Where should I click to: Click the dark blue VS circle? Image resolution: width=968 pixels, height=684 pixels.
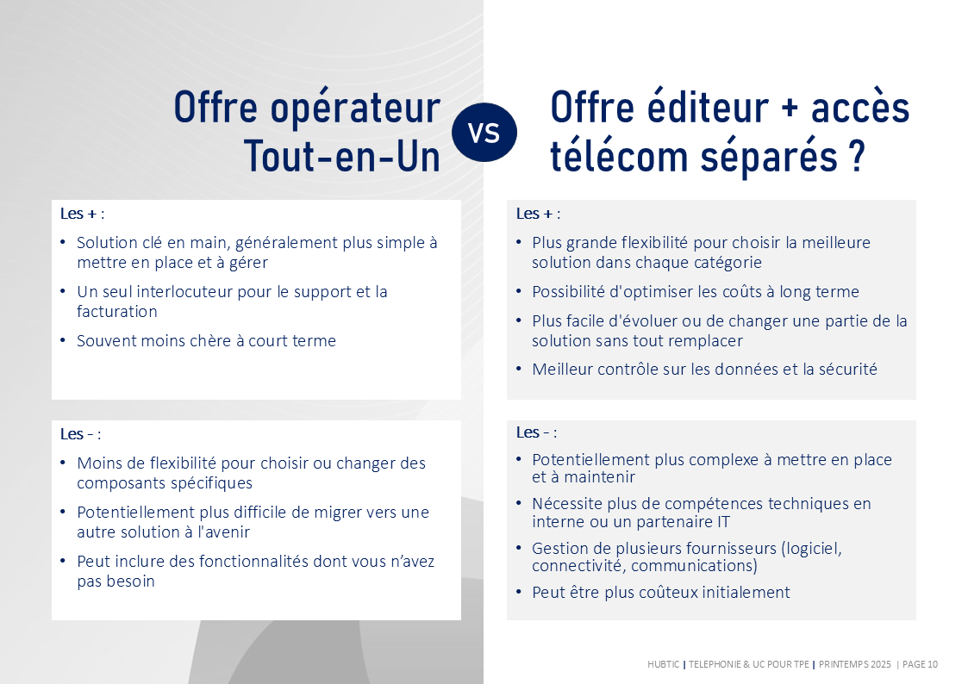tap(484, 133)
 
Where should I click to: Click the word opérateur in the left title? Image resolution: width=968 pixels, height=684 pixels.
tap(356, 108)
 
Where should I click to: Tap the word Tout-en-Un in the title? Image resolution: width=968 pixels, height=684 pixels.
tap(342, 157)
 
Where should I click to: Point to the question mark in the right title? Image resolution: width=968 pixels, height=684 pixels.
tap(857, 157)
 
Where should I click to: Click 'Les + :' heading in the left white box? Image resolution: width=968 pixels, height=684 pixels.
tap(82, 214)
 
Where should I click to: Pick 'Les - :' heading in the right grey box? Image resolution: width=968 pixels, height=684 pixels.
tap(536, 432)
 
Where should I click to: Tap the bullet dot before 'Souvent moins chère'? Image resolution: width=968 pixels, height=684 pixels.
tap(63, 339)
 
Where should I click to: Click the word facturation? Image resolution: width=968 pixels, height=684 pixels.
tap(116, 312)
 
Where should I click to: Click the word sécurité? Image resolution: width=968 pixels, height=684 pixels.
tap(847, 369)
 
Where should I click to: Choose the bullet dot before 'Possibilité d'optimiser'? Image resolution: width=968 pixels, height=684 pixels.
tap(519, 291)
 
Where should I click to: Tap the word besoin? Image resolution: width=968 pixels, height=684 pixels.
tap(129, 581)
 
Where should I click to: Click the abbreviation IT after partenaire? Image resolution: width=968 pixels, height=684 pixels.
tap(723, 522)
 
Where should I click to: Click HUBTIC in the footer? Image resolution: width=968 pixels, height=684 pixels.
tap(663, 664)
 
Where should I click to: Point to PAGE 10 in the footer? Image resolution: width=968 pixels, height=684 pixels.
tap(920, 664)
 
